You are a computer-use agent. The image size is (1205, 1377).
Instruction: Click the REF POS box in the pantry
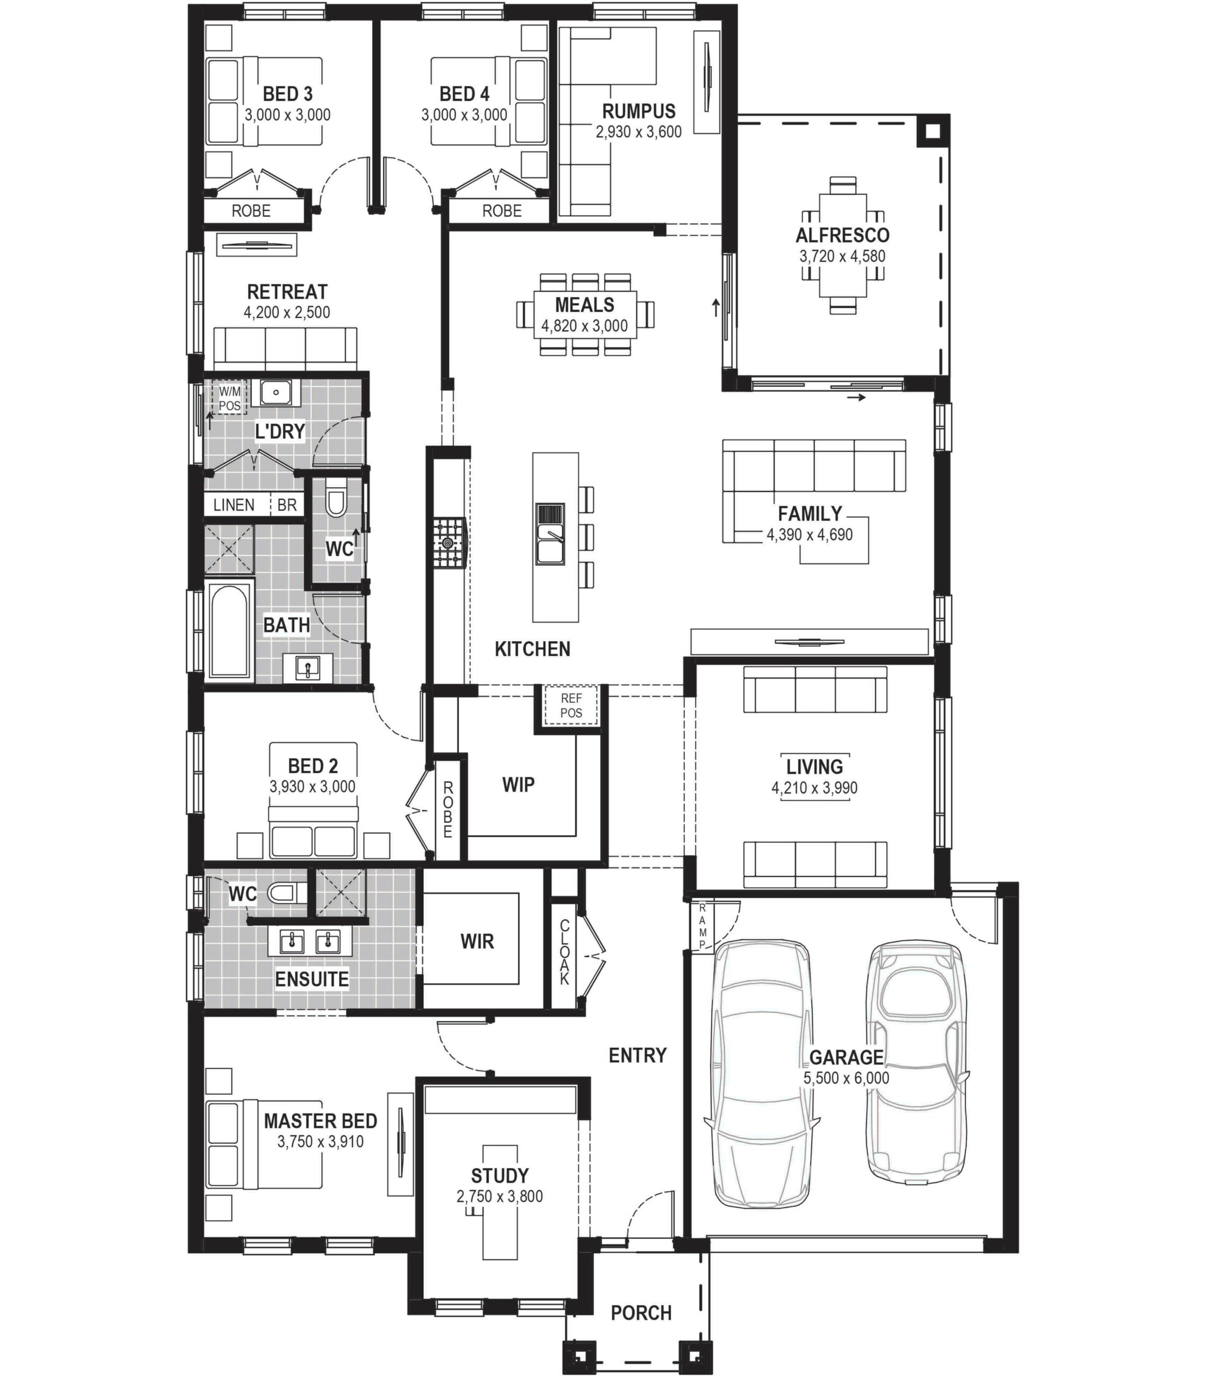tap(570, 705)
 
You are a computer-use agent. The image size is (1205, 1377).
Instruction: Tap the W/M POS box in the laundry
tap(229, 398)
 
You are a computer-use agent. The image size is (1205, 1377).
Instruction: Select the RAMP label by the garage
tap(702, 926)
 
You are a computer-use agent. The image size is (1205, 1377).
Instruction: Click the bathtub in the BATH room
tap(229, 630)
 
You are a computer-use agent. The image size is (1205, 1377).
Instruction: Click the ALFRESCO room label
tap(842, 236)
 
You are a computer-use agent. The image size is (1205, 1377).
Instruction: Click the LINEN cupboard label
tap(233, 505)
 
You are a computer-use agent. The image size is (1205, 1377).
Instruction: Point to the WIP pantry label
tap(518, 784)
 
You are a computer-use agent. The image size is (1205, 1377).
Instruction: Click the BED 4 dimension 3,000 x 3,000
tap(464, 115)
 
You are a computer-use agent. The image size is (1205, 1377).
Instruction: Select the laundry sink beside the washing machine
tap(275, 393)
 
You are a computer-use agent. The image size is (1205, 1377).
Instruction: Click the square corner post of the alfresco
tap(932, 131)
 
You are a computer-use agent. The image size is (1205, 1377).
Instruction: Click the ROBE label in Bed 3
tap(251, 211)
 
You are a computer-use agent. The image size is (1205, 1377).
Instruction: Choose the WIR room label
tap(477, 941)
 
